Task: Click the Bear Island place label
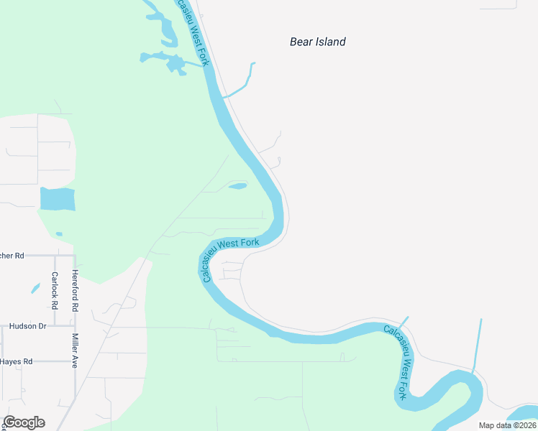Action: (x=317, y=42)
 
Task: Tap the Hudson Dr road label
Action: (x=27, y=326)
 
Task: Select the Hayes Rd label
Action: (x=17, y=361)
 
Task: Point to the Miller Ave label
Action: (x=75, y=351)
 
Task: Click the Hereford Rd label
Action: (x=75, y=290)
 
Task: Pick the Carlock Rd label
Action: (x=54, y=287)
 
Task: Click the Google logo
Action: (x=24, y=422)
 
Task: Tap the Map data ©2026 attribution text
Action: (x=507, y=425)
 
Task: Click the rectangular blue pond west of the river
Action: (x=58, y=199)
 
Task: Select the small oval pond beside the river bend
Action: (x=237, y=186)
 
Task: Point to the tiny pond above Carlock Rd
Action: (x=35, y=289)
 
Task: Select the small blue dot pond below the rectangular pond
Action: (x=58, y=233)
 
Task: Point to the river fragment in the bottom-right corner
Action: (x=524, y=414)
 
